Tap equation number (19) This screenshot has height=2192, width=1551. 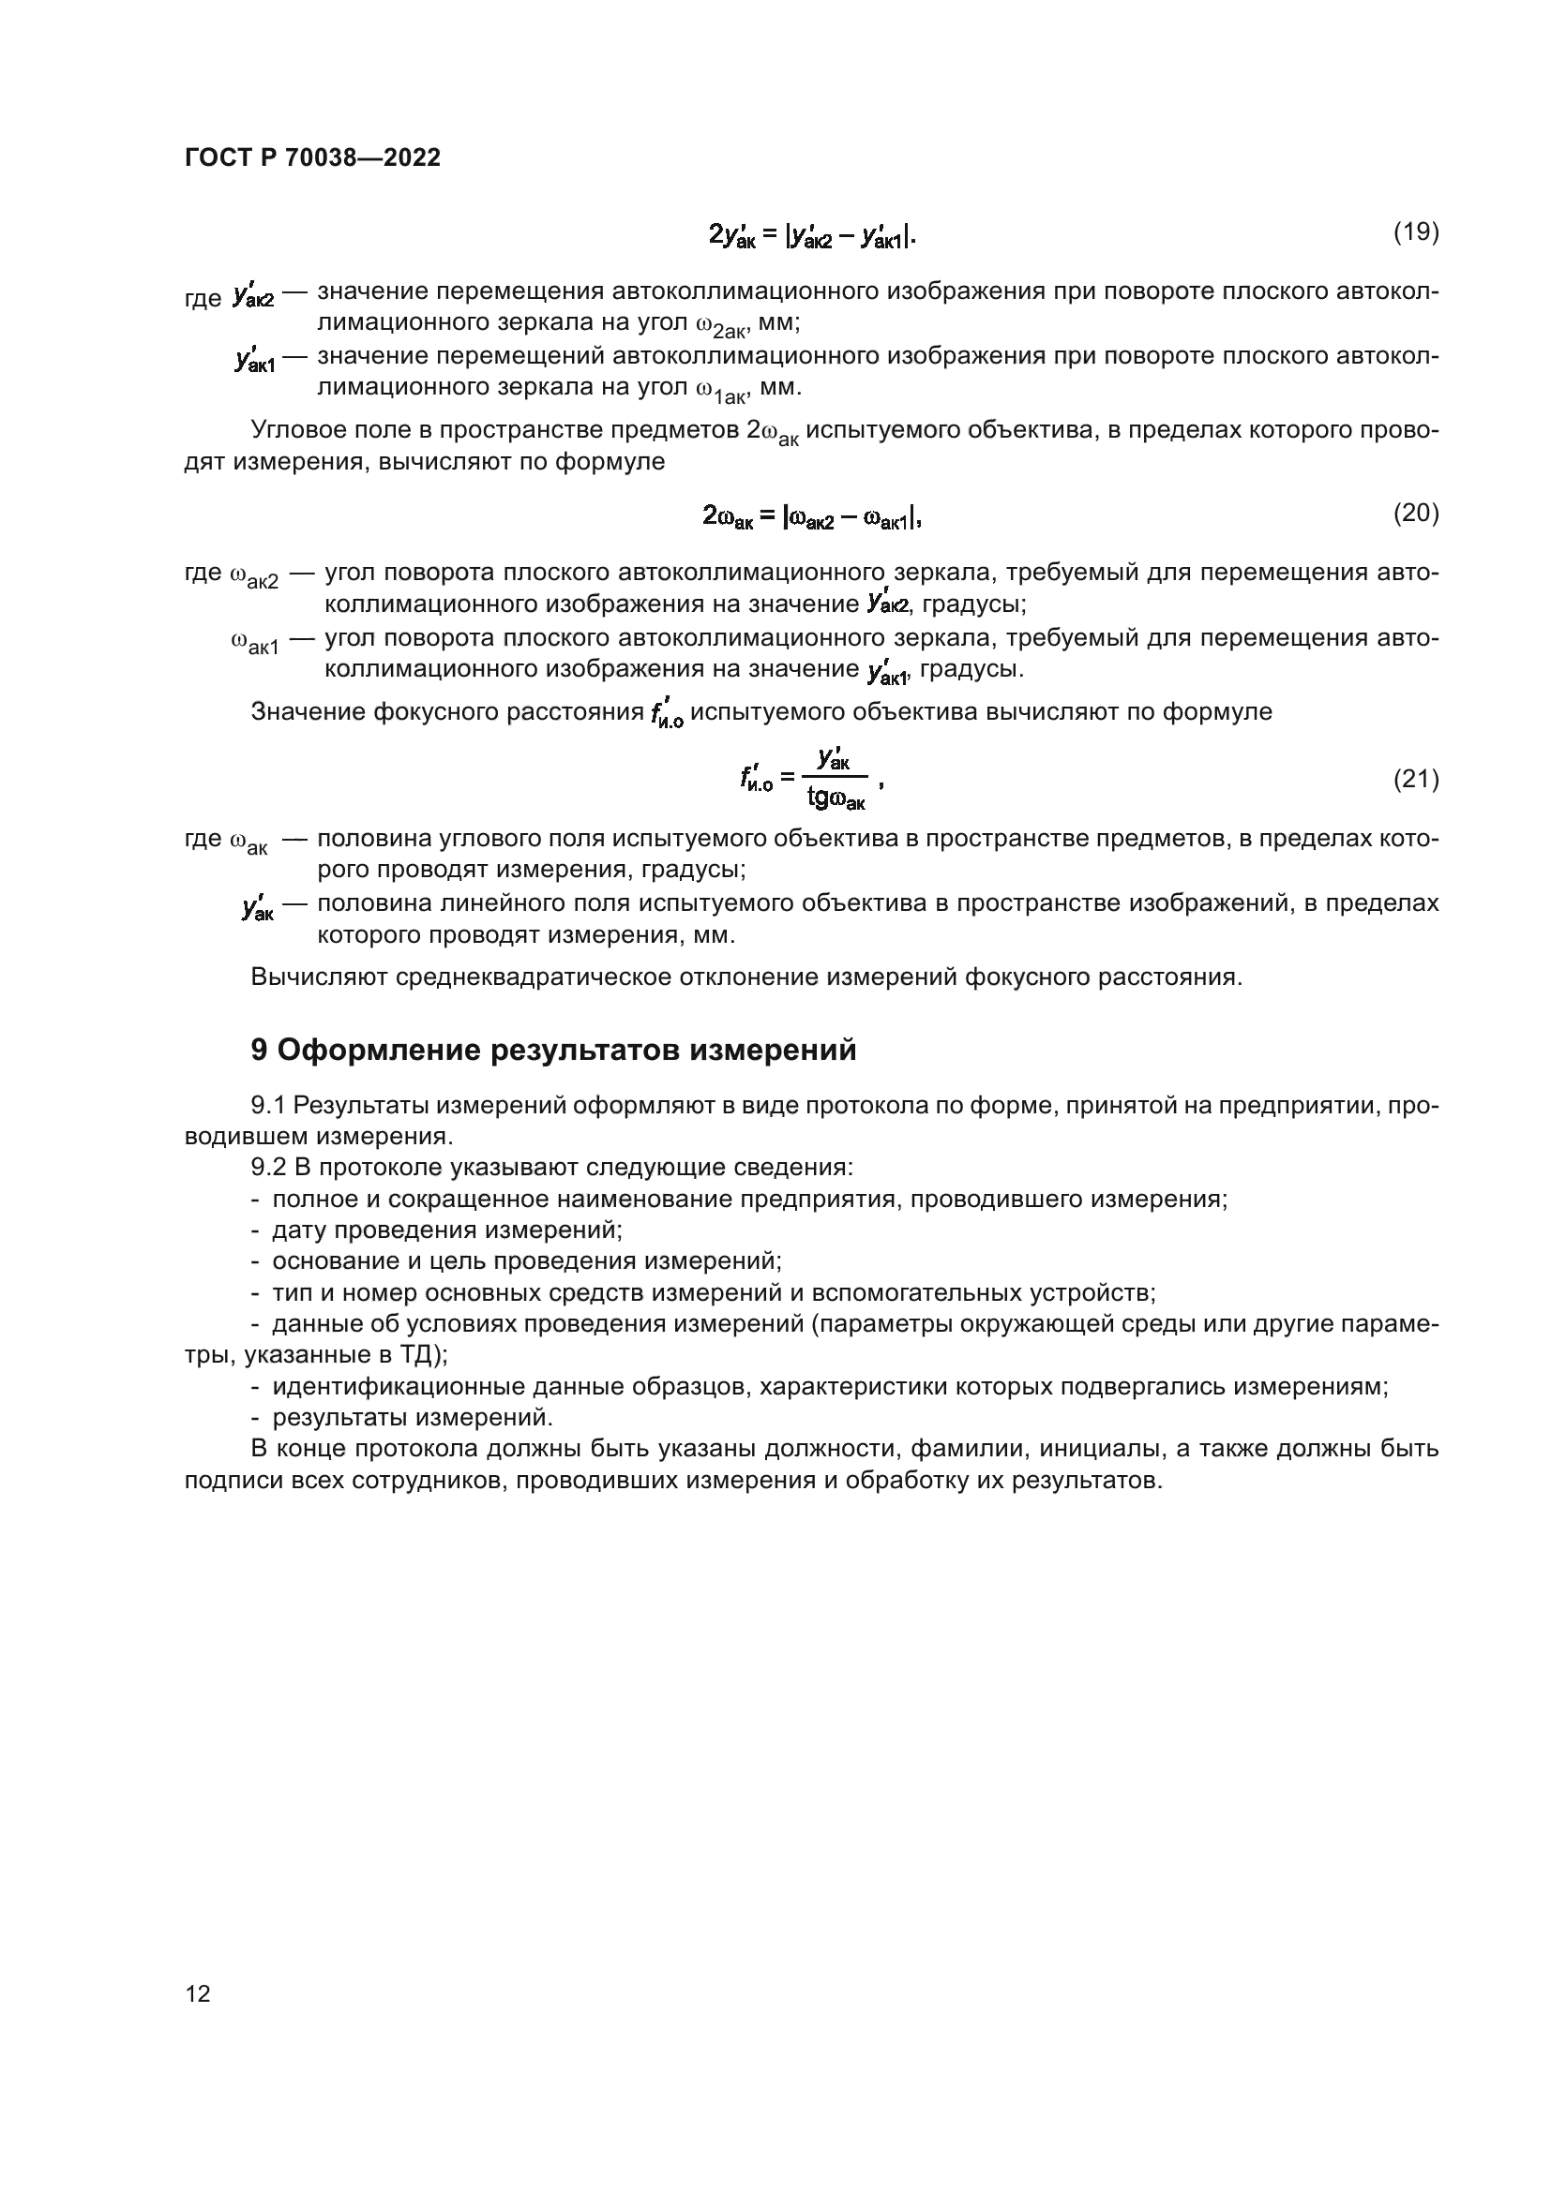[x=1415, y=232]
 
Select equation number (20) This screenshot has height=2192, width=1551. [x=1415, y=514]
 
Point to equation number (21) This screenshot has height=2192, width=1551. [x=1415, y=780]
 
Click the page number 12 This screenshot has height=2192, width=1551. [x=198, y=1993]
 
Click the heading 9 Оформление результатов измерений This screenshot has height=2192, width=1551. [x=553, y=1051]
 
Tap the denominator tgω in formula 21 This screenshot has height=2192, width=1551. [x=836, y=797]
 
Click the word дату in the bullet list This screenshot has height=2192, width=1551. [x=298, y=1230]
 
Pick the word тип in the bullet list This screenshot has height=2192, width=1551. [x=293, y=1293]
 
